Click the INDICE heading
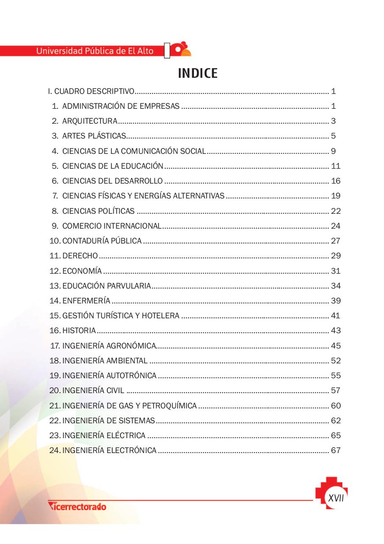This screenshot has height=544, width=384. point(198,74)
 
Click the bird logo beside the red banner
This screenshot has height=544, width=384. point(182,49)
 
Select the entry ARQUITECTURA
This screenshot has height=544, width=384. point(90,121)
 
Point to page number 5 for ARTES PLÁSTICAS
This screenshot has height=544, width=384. point(334,136)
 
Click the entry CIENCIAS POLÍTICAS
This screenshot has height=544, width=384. point(98,211)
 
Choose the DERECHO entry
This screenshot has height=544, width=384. point(80,256)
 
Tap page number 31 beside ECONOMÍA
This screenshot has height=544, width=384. point(336,271)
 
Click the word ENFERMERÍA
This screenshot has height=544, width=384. point(86,301)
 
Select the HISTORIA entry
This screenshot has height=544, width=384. point(79,331)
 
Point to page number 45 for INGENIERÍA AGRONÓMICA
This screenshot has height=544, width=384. point(336,346)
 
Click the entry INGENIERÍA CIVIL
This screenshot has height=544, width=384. point(93,391)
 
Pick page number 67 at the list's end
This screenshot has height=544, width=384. point(336,450)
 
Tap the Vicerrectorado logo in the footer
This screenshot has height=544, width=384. point(77,506)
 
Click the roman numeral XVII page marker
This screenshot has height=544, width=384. point(336,498)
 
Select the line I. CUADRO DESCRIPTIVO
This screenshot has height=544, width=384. point(91,91)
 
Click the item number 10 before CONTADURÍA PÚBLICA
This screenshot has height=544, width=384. point(55,241)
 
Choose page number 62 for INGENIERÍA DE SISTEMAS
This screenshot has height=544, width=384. point(336,421)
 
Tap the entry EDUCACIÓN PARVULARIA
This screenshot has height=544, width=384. point(106,286)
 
